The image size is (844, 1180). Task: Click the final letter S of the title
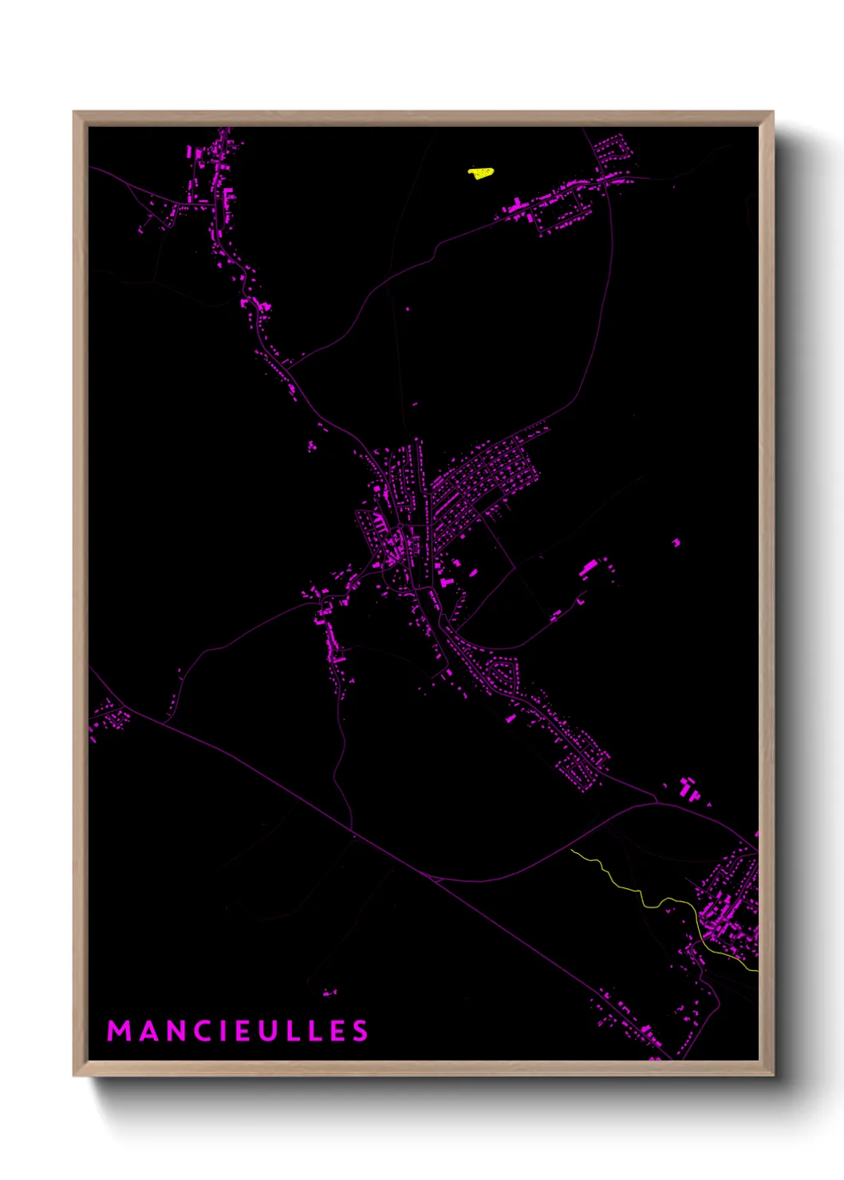click(361, 1031)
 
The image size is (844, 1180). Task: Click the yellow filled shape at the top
click(480, 172)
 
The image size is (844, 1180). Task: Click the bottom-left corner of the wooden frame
click(75, 1074)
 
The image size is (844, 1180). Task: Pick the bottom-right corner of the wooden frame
click(771, 1074)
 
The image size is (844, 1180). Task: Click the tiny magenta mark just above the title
click(329, 993)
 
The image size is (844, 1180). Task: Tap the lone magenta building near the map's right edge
click(676, 542)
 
